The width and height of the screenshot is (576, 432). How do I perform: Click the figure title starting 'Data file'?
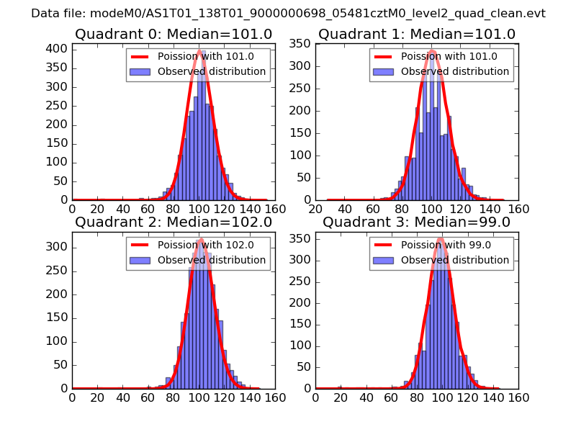point(288,14)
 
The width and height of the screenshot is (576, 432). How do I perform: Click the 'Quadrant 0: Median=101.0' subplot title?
point(174,35)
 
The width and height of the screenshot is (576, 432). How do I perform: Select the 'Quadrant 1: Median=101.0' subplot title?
point(417,35)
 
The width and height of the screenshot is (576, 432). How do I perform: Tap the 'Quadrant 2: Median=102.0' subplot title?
point(174,222)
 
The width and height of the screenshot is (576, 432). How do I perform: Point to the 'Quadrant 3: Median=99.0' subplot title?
point(417,222)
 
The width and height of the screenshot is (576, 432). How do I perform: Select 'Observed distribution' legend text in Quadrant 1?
point(455,72)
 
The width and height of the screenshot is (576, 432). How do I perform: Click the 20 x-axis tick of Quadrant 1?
point(315,209)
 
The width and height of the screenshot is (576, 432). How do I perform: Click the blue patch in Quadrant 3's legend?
point(383,260)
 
